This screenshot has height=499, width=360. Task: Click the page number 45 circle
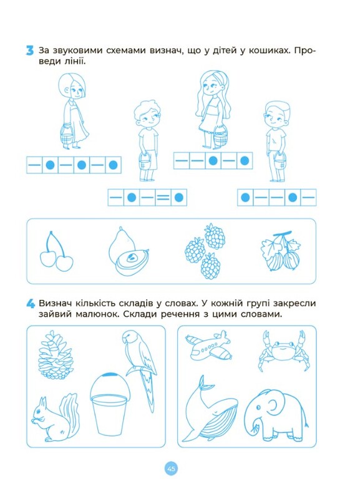tap(171, 468)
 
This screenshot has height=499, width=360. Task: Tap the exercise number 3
tap(29, 51)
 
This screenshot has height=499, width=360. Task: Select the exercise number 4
tap(30, 304)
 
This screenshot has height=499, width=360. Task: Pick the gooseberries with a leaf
tap(280, 251)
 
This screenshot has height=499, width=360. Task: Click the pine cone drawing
tap(55, 354)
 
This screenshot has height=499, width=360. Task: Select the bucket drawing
tap(110, 404)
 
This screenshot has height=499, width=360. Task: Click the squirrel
tap(56, 417)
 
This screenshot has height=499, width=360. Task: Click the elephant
tap(276, 415)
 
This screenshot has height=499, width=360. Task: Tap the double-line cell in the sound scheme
tap(163, 198)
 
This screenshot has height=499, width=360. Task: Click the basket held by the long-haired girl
tap(220, 137)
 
